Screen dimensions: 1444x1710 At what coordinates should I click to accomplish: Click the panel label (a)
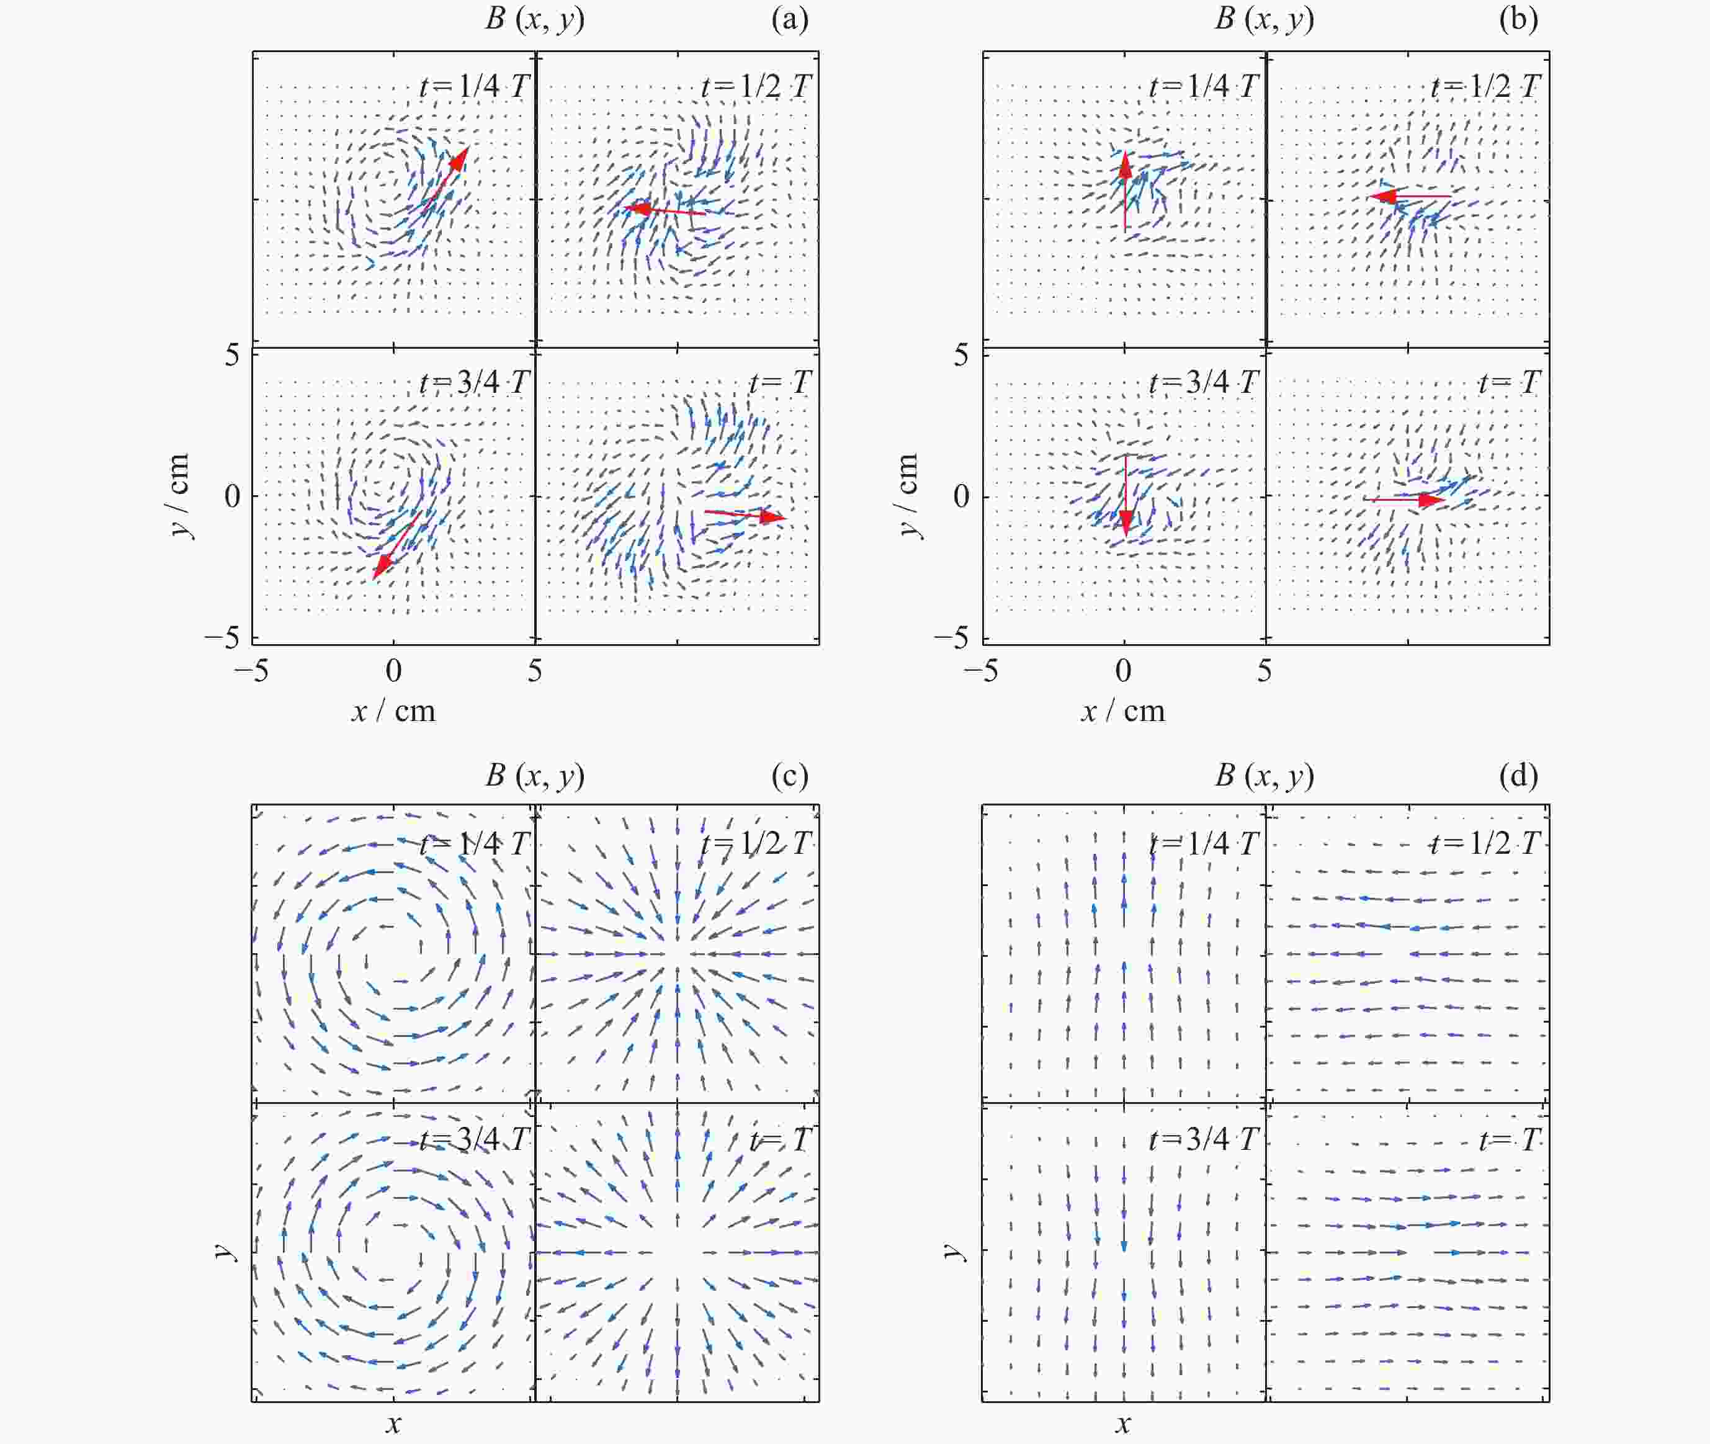tap(790, 19)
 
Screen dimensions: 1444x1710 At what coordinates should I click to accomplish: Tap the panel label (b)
tap(1518, 19)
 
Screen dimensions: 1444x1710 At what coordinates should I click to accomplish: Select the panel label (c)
tap(790, 775)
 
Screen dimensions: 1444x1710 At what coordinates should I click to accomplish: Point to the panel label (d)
tap(1518, 775)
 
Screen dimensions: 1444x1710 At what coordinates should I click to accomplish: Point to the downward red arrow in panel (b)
tap(1126, 495)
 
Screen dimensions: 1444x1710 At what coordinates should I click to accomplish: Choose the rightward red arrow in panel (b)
tap(1404, 500)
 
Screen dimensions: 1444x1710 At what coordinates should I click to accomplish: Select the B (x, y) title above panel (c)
tap(534, 775)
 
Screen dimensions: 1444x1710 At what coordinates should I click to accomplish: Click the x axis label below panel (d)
tap(1123, 1424)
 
